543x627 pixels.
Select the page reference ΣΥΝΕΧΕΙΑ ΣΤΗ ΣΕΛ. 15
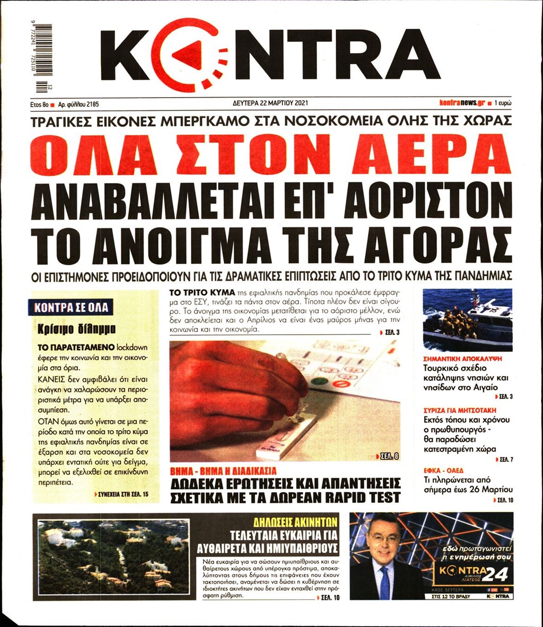click(127, 494)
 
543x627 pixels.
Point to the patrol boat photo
click(467, 319)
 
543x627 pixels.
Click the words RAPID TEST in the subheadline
click(358, 497)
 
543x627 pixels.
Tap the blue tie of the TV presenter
click(384, 584)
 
